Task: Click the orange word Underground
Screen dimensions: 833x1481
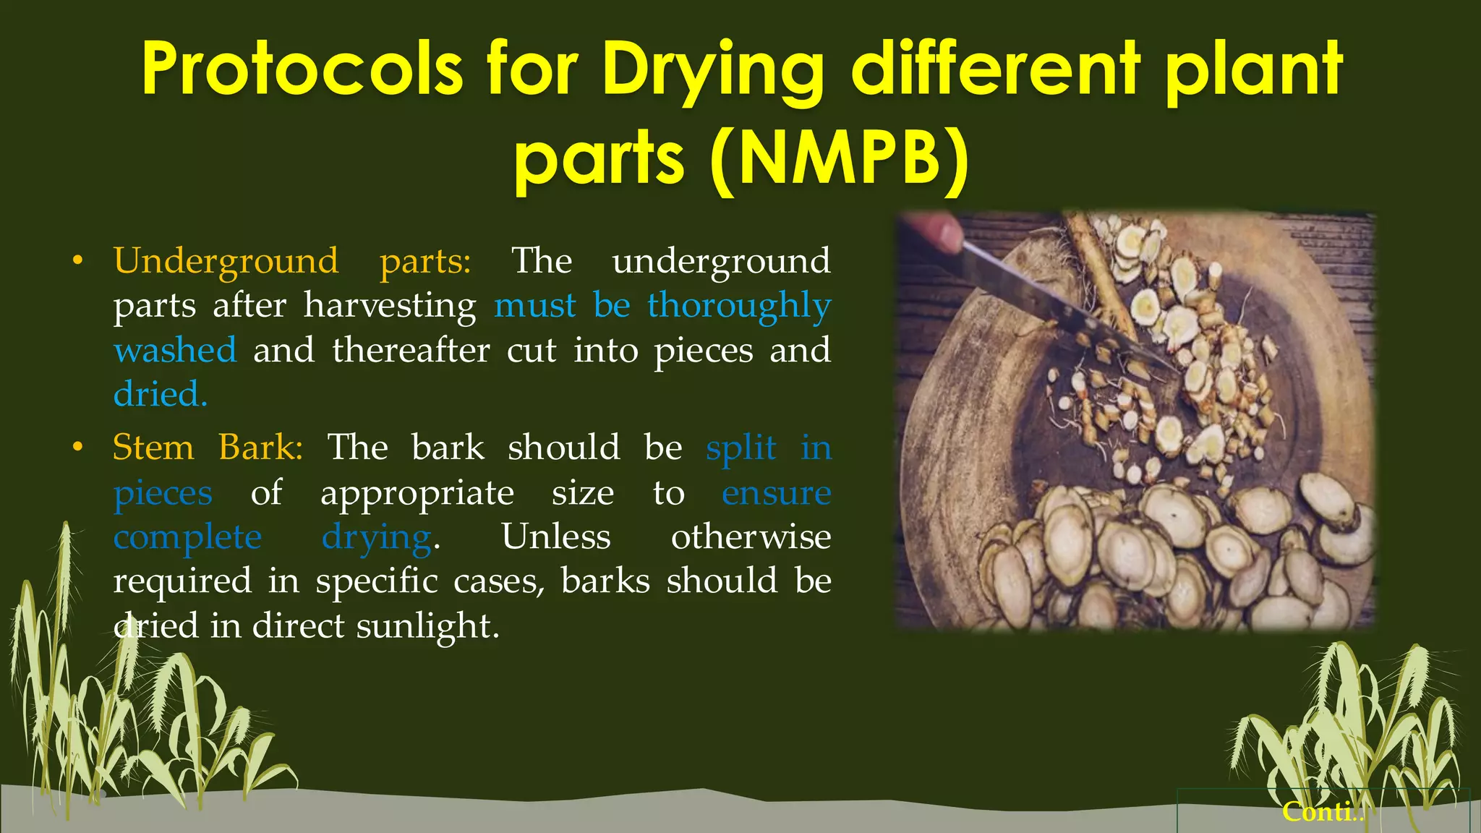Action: click(226, 262)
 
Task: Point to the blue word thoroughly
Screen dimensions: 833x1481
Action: click(739, 307)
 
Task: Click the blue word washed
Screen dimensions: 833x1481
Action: click(175, 351)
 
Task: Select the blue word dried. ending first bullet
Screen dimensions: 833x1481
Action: click(161, 395)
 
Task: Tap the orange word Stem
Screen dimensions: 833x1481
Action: click(153, 448)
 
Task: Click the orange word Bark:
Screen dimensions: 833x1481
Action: click(260, 448)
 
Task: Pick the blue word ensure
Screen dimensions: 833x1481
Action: click(776, 493)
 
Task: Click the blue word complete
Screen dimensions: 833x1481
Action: click(187, 537)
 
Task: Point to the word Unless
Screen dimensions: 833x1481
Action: click(556, 537)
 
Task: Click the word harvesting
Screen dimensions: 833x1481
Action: click(390, 306)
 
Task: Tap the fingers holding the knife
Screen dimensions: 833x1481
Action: click(936, 231)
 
